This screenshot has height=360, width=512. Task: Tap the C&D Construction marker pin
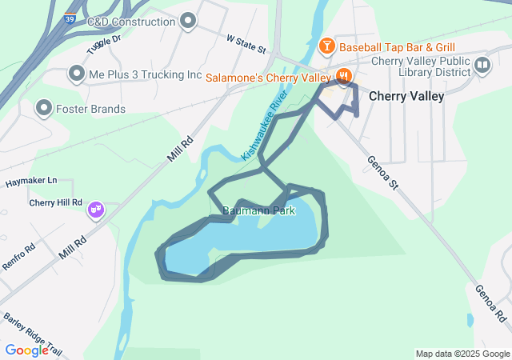tap(188, 21)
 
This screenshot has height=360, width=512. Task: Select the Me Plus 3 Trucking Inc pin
tap(77, 74)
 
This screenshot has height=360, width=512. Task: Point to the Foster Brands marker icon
tap(44, 107)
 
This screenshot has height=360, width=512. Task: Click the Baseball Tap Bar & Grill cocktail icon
tap(326, 46)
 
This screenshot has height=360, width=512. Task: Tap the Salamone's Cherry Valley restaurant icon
tap(344, 77)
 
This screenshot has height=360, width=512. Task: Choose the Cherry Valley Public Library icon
tap(482, 66)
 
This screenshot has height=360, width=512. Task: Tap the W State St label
tap(246, 43)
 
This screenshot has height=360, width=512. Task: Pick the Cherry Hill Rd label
tap(56, 202)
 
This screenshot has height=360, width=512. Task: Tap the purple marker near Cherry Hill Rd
tap(96, 210)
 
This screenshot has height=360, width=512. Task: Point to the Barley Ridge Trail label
tap(32, 330)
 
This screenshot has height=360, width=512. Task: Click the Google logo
tap(27, 350)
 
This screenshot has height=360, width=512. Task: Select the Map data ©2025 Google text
tap(462, 354)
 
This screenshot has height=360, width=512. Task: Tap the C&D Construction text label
tap(130, 21)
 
